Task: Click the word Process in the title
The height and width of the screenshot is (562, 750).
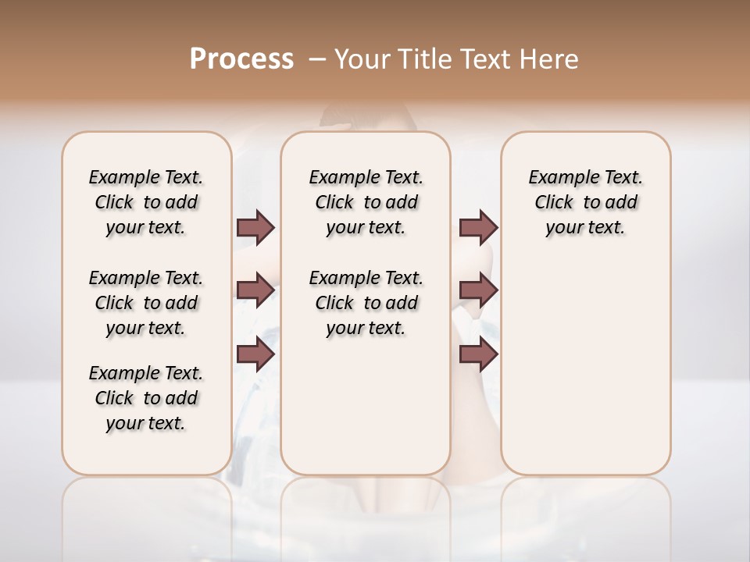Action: [x=241, y=59]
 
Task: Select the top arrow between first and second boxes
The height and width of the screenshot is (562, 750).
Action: [x=256, y=227]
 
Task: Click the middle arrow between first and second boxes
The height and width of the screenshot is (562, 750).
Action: [x=256, y=290]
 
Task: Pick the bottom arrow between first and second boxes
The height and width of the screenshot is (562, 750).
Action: [x=256, y=355]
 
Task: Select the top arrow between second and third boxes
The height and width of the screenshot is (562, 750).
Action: [x=478, y=227]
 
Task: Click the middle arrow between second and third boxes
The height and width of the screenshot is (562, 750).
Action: [x=478, y=290]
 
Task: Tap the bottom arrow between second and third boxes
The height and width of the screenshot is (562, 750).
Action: [x=478, y=355]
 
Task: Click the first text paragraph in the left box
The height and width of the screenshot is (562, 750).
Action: [x=146, y=202]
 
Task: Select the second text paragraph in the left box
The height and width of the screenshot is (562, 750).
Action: [x=146, y=303]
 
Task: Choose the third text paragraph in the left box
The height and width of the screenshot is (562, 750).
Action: [x=146, y=398]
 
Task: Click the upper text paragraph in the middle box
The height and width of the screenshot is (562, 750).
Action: [x=366, y=202]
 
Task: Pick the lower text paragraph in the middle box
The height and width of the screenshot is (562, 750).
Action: [x=366, y=303]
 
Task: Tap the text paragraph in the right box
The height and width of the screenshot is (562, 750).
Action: [x=586, y=202]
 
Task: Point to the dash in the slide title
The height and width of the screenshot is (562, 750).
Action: [x=317, y=59]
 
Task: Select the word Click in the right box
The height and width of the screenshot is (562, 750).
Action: [x=554, y=203]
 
